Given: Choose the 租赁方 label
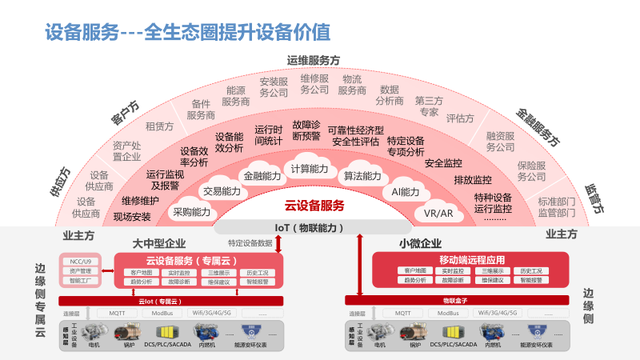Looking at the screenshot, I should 159,127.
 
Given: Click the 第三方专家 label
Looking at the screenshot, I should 428,106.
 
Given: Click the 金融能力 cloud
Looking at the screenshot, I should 258,176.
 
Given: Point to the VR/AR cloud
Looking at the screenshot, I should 439,213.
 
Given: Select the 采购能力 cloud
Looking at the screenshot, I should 192,212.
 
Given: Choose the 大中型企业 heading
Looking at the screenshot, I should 160,243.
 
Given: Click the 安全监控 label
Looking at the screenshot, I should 444,162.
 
